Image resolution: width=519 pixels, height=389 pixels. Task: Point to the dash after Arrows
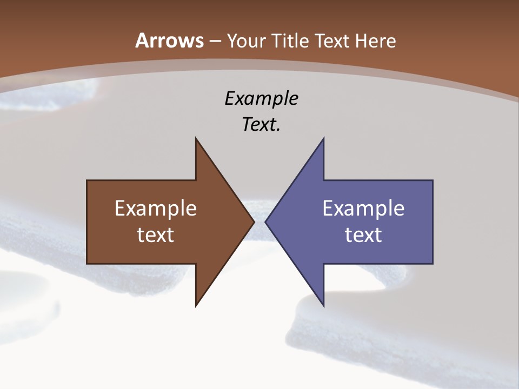(x=215, y=41)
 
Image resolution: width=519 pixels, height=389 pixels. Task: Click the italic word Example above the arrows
(x=261, y=98)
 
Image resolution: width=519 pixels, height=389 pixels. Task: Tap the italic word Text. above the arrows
(x=261, y=125)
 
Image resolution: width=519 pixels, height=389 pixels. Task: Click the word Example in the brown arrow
(x=156, y=209)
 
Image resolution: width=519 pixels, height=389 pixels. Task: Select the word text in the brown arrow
(x=156, y=235)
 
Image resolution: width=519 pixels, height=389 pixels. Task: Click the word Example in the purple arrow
(x=363, y=209)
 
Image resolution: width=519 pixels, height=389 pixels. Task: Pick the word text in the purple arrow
(x=363, y=235)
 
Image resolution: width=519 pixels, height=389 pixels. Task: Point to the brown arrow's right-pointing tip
(x=254, y=222)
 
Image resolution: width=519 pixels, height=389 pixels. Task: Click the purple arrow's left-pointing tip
(x=265, y=222)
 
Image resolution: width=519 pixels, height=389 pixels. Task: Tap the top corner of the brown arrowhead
(x=196, y=138)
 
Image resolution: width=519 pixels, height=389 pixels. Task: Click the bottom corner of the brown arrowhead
(x=196, y=306)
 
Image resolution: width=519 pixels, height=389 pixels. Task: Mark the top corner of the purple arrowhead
(x=323, y=138)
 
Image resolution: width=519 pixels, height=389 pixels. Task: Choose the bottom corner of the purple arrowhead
(x=323, y=306)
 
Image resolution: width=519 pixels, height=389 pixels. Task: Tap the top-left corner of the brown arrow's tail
(x=87, y=180)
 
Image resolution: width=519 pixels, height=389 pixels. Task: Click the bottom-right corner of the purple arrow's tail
(x=432, y=263)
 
